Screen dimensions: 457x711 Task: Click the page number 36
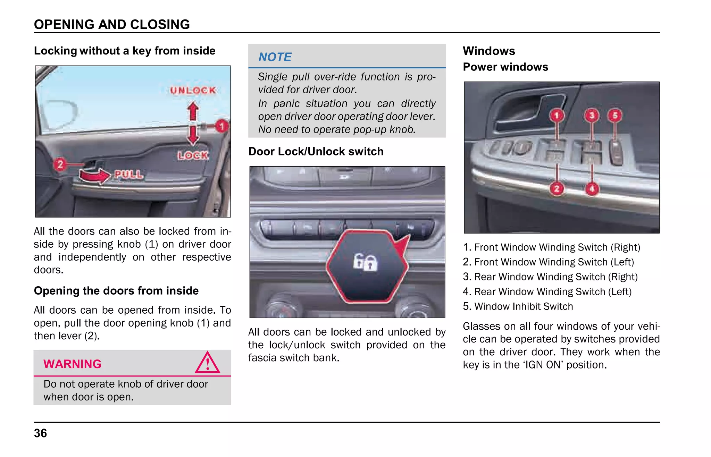coord(40,433)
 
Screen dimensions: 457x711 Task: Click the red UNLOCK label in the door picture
coord(193,90)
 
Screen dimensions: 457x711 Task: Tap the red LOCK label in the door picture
coord(193,155)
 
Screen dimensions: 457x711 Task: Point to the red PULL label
coord(128,174)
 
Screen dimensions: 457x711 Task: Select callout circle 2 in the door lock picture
coord(60,164)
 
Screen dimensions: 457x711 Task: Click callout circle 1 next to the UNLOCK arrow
coord(221,126)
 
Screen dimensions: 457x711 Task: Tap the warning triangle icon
coord(207,363)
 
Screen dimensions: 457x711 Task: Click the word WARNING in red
coord(72,364)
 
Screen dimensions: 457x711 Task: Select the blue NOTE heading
coord(275,57)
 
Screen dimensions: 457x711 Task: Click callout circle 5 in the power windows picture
coord(615,115)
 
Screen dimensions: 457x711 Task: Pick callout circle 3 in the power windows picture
coord(592,115)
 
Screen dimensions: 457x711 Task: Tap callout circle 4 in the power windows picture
coord(592,189)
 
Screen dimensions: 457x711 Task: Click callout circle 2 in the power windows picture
coord(557,189)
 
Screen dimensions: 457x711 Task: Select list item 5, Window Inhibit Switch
coord(518,306)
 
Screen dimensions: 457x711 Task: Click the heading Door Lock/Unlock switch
coord(316,152)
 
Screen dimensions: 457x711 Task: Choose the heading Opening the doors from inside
coord(116,291)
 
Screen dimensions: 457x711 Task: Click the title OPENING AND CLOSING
coord(112,24)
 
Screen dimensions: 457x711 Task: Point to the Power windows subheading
coord(505,67)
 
